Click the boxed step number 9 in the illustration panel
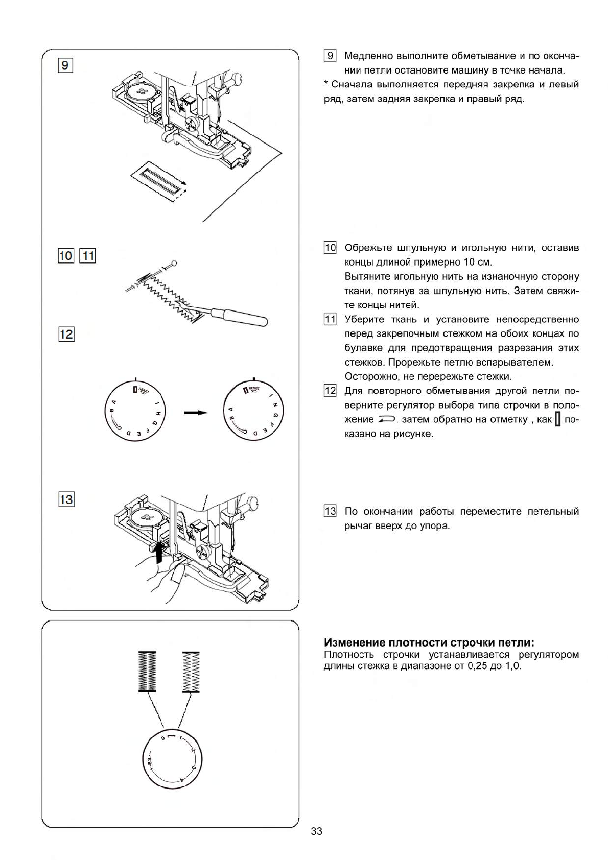click(66, 65)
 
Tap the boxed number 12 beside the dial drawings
click(66, 335)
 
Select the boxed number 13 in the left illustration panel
click(66, 499)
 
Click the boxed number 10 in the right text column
click(330, 248)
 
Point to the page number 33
click(316, 831)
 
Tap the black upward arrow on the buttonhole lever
click(160, 552)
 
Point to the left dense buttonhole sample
click(147, 672)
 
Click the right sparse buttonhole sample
click(191, 672)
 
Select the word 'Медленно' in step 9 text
click(366, 56)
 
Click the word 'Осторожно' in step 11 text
click(369, 377)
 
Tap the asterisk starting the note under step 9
click(326, 84)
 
